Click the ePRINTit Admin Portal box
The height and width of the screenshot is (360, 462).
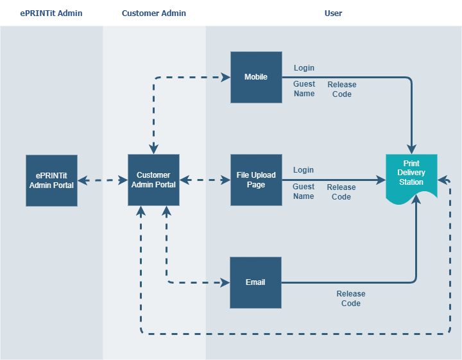click(51, 180)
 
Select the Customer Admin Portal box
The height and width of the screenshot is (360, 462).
click(153, 180)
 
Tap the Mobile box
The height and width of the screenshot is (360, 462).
click(256, 77)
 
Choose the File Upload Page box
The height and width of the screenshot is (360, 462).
click(256, 180)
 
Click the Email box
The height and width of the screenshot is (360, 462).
click(255, 282)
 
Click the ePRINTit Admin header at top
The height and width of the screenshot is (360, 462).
click(51, 13)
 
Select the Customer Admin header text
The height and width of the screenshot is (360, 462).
click(154, 13)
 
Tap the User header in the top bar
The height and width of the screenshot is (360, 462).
click(333, 13)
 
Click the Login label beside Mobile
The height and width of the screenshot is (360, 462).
click(304, 68)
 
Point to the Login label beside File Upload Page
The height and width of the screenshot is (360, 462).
click(304, 170)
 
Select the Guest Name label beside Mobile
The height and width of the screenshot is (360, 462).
click(304, 89)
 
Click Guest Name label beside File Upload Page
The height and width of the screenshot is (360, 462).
click(304, 191)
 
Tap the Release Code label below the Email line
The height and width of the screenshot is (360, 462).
click(351, 298)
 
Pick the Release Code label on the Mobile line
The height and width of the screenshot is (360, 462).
click(341, 89)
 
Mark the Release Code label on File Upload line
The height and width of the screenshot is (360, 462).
click(341, 192)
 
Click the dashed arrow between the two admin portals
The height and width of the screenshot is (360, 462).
click(103, 180)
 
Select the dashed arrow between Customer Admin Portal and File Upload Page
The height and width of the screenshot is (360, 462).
click(205, 180)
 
